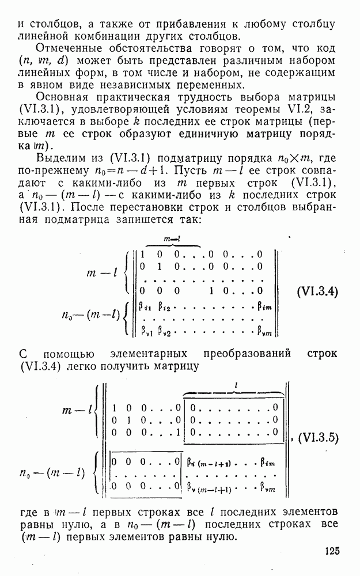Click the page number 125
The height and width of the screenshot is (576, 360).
click(332, 551)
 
